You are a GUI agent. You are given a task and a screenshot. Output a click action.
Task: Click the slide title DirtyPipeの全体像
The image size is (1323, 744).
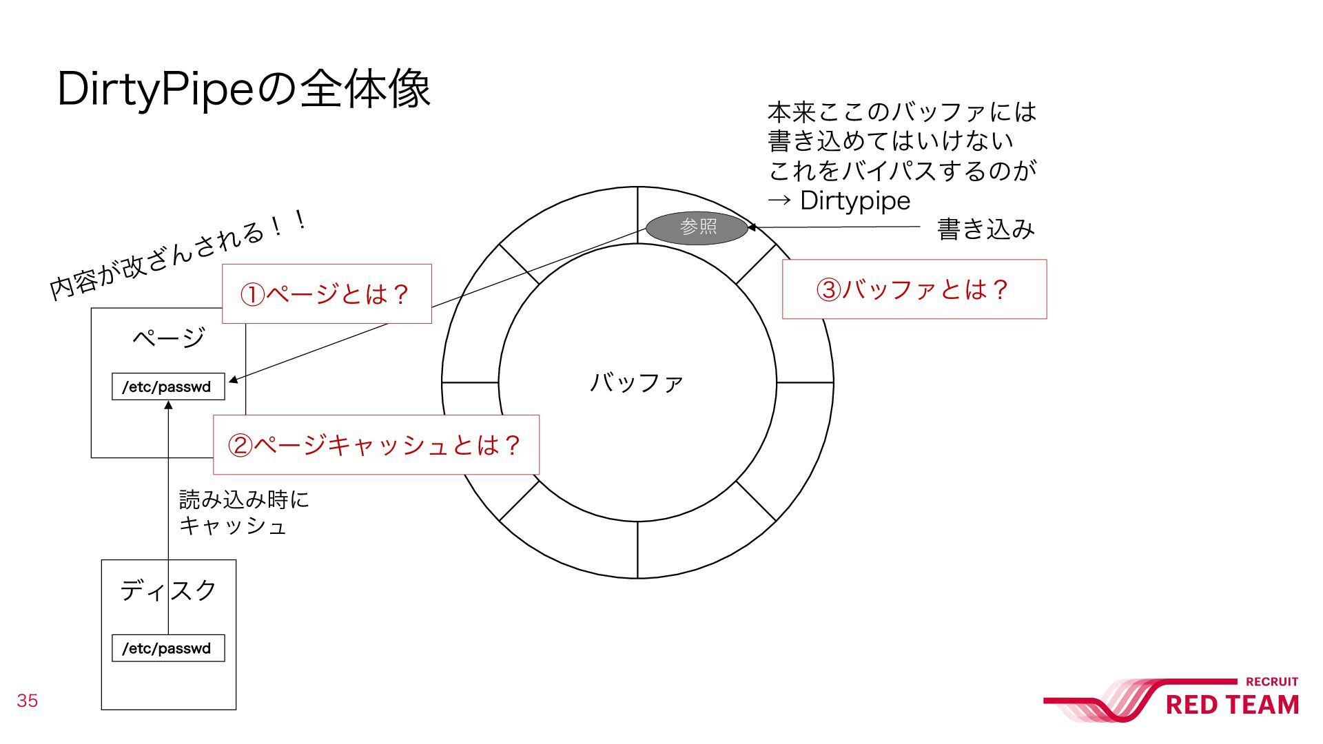pos(244,90)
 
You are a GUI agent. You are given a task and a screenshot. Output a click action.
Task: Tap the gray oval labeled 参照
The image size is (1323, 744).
pos(697,227)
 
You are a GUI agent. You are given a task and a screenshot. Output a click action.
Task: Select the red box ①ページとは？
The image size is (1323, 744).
pos(327,294)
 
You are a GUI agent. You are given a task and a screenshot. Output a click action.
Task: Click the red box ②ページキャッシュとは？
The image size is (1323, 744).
pos(376,445)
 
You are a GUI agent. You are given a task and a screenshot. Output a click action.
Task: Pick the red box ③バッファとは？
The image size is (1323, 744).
pos(914,289)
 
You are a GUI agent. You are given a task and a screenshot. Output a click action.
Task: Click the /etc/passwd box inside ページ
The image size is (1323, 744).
pos(168,386)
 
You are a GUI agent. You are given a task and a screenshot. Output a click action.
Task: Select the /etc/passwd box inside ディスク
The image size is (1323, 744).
pos(168,648)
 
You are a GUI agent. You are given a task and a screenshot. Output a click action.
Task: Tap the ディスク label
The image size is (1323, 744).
pos(168,590)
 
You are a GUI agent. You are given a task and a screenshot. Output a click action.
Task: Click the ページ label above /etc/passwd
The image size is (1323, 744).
pos(168,338)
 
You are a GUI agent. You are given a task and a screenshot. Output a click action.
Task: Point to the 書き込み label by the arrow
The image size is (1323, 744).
pos(985,229)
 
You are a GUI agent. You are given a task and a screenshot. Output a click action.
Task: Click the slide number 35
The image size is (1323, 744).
pos(28,701)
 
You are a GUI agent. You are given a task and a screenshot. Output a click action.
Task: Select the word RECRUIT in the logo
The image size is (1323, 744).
pos(1271,682)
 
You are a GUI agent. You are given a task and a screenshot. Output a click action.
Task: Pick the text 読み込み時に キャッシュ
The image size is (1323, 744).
pos(243,513)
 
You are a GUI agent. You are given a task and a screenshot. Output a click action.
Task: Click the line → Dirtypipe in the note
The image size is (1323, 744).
pos(839,200)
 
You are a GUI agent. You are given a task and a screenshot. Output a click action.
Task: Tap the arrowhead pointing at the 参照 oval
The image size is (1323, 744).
pos(752,227)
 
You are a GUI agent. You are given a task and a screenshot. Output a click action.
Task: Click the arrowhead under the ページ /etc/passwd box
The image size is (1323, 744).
pos(168,405)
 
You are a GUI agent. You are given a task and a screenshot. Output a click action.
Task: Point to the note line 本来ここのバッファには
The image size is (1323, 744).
pos(901,112)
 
